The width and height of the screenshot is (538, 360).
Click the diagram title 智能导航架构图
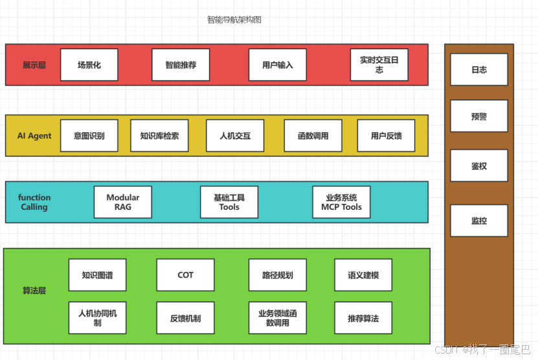pos(234,20)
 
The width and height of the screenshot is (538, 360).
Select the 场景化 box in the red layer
pos(89,65)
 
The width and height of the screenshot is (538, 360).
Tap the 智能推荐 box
pos(181,65)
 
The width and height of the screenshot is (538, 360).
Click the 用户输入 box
pos(278,65)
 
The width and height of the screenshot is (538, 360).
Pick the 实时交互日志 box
pos(379,65)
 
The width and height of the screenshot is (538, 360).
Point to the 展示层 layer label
pos(34,65)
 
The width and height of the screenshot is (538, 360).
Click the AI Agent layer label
pos(34,136)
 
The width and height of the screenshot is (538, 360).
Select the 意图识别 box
pos(89,136)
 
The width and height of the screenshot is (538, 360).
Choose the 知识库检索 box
pos(159,136)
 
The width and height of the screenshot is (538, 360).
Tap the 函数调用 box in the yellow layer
pos(313,136)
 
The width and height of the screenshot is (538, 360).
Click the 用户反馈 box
pos(386,136)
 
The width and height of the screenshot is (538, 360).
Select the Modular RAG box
pos(122,202)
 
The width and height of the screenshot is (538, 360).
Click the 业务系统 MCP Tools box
pos(341,202)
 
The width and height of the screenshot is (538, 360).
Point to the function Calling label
pos(34,202)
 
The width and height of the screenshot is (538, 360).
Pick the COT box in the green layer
pos(185,275)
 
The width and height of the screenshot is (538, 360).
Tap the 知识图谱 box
pos(97,275)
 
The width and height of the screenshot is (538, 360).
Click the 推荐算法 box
pos(363,318)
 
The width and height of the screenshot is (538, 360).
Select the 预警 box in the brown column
pos(479,117)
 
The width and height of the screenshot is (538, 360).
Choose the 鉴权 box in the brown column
pos(479,166)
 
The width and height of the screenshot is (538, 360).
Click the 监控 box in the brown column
pos(479,221)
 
